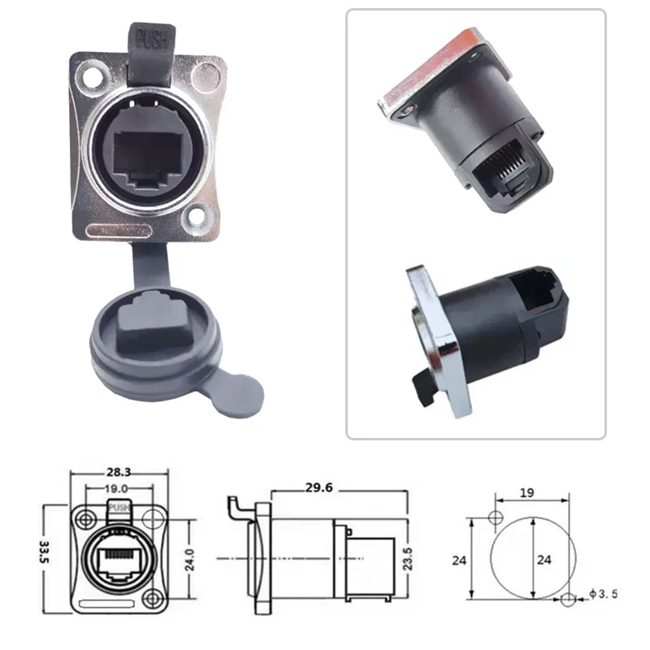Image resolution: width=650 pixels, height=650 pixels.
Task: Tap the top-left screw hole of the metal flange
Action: click(91, 77)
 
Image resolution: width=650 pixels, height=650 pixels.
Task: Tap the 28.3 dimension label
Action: click(119, 472)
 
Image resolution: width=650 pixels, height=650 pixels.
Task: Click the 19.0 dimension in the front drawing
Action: click(116, 489)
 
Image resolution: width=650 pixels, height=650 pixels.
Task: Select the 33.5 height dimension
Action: click(44, 552)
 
